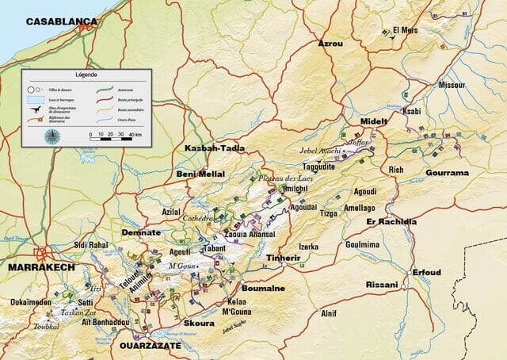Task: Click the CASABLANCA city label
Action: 61,21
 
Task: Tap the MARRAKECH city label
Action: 40,268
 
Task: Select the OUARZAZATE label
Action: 150,346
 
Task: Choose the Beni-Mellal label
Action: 200,174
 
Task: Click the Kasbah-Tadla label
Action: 214,148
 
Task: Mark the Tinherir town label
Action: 283,258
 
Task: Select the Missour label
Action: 452,84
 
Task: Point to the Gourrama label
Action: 447,172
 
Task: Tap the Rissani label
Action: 381,284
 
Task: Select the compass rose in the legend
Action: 51,135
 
